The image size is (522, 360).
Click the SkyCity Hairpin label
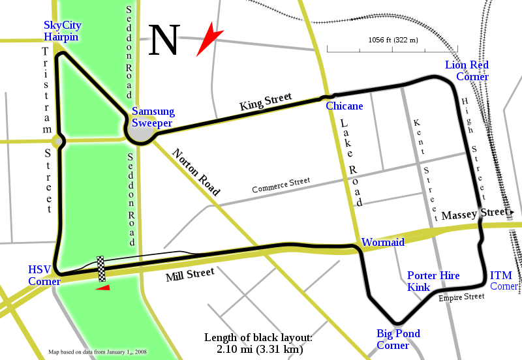pos(61,31)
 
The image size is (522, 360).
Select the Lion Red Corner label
pos(467,70)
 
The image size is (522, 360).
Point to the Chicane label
pos(345,106)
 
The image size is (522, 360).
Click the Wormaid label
pos(383,242)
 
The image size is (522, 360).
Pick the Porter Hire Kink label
pos(433,281)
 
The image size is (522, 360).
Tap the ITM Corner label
pos(505,280)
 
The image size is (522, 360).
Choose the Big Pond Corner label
pos(398,339)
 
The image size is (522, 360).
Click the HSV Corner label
pos(44,275)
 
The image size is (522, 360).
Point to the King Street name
pos(266,100)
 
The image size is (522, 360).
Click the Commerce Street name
pos(281,185)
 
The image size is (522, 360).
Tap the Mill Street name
pos(190,274)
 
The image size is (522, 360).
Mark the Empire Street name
pos(461,297)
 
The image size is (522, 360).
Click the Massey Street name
pos(473,214)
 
